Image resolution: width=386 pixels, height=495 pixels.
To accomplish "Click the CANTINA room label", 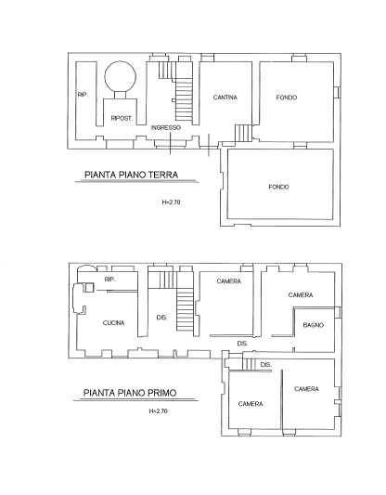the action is (x=225, y=98).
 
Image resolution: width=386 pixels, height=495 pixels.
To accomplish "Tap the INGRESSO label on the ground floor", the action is (x=166, y=127).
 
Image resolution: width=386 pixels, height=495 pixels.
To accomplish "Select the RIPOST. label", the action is (x=122, y=118).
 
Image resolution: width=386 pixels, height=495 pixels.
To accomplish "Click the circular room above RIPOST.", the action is (x=121, y=77).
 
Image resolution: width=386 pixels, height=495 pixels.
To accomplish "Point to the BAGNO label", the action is (x=313, y=325).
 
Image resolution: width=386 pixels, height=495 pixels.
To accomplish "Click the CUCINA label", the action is (x=113, y=322).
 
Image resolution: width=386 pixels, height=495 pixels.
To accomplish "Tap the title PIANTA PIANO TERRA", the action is (x=131, y=175).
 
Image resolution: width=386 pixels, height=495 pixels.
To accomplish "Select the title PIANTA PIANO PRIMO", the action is (x=130, y=393).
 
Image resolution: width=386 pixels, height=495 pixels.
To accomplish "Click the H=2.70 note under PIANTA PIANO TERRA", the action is (x=171, y=202).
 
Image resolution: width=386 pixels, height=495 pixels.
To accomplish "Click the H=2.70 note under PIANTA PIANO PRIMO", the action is (x=158, y=411).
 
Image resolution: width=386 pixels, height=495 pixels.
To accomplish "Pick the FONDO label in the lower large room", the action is (x=278, y=187).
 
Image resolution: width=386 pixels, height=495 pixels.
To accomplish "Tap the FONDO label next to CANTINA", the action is (x=287, y=98).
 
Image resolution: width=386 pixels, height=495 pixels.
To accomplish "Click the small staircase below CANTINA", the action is (x=243, y=133).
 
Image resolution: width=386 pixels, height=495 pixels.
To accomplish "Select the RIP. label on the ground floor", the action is (x=83, y=95).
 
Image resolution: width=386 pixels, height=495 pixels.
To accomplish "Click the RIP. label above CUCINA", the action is (x=109, y=280).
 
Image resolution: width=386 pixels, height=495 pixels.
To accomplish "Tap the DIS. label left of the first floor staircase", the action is (x=161, y=318).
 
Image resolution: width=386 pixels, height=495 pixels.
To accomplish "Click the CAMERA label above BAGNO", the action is (x=301, y=294).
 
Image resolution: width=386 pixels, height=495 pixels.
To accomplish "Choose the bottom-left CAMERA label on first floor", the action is (x=251, y=404).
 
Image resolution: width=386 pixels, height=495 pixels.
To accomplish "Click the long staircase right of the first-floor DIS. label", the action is (x=185, y=310).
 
